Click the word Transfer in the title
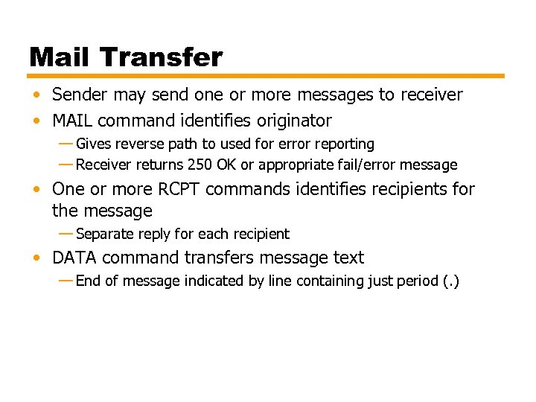click(161, 57)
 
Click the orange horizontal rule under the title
click(267, 76)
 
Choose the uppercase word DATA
click(74, 258)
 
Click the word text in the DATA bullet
click(348, 258)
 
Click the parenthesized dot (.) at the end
click(451, 281)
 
